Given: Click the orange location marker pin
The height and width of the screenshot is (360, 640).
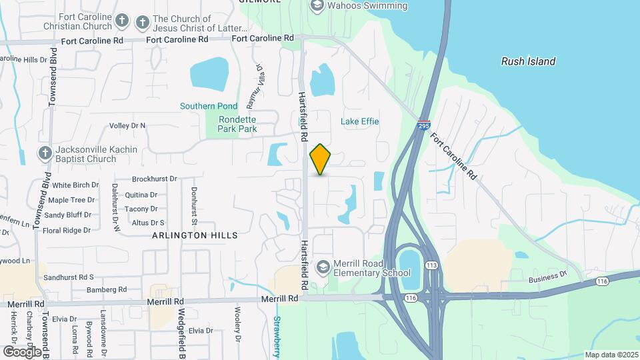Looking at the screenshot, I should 321,159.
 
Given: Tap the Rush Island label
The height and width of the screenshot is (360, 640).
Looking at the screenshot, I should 528,61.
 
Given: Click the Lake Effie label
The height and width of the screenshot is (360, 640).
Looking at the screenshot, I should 360,121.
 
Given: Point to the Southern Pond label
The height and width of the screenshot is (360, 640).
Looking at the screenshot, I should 208,106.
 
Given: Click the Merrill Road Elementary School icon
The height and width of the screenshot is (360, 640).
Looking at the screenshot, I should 323,267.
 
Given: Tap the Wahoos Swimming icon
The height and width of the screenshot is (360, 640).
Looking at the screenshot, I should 317,6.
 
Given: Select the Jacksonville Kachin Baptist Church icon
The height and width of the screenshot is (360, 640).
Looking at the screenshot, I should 45,153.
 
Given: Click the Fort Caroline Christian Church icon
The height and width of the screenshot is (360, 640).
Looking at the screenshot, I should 121,21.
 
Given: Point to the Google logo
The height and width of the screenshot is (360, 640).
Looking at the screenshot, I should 22,351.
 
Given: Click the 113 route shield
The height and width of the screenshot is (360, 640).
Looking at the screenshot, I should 432,265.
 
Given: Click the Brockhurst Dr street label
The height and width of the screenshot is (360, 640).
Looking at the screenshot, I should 154,179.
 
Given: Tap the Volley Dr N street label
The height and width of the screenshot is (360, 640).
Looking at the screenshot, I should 127,125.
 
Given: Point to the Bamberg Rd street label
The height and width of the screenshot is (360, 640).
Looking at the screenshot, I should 107,289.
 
